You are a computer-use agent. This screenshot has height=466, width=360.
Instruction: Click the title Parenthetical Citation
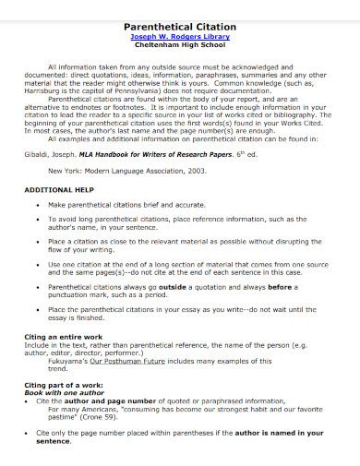[x=180, y=28]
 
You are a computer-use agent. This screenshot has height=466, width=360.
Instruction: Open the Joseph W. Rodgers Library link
[x=180, y=39]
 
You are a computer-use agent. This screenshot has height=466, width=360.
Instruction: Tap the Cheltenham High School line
[x=180, y=49]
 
